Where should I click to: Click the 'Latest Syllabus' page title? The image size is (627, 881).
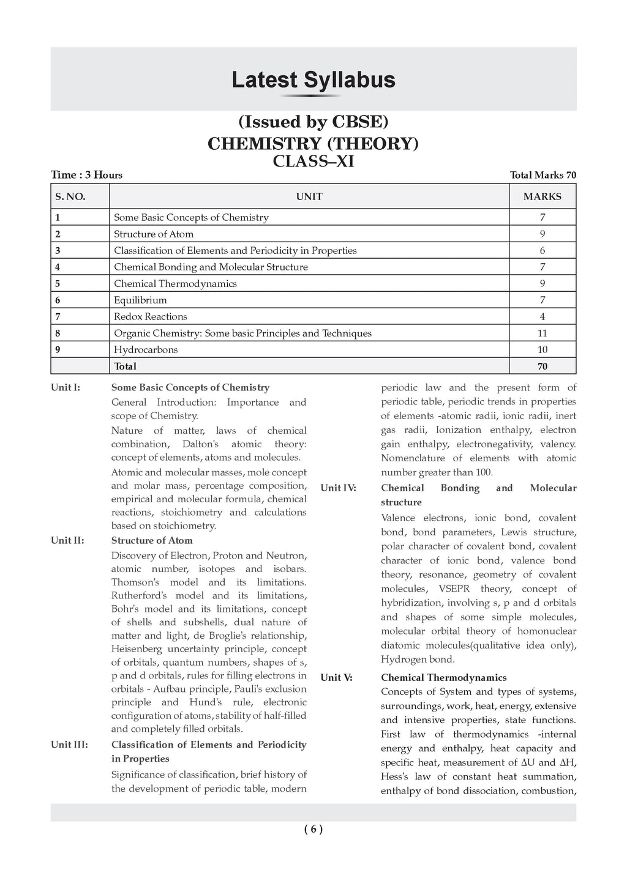[x=313, y=80]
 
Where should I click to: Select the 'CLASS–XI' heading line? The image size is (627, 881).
[x=313, y=162]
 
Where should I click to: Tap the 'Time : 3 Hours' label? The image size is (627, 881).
[x=86, y=175]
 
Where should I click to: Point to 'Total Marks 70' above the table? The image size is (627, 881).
[x=543, y=175]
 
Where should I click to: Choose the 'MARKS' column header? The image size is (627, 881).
[x=542, y=196]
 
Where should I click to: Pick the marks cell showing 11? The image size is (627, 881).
[x=543, y=333]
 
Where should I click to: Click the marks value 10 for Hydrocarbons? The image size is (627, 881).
[x=543, y=349]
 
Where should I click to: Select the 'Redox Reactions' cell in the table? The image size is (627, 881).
[x=151, y=316]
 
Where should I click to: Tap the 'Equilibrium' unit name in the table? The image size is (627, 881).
[x=140, y=300]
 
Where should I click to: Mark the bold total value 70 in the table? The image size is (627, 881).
[x=543, y=366]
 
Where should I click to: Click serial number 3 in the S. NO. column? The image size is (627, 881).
[x=58, y=250]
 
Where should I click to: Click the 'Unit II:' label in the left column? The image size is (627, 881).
[x=67, y=540]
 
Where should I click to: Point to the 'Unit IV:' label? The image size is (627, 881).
[x=338, y=488]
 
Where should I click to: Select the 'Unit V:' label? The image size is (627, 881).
[x=336, y=677]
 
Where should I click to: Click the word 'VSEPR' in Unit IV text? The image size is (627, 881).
[x=454, y=589]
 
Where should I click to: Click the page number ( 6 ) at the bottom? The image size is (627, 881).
[x=313, y=830]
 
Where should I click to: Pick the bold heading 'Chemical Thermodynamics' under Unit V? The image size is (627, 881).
[x=443, y=677]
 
